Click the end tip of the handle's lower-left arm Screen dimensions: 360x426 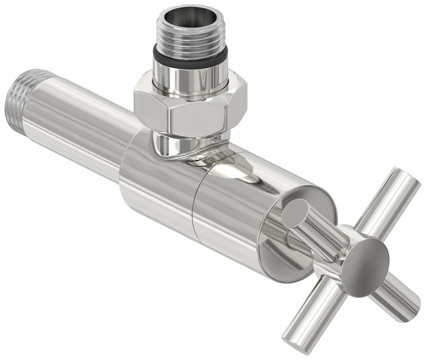[x=290, y=340]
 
